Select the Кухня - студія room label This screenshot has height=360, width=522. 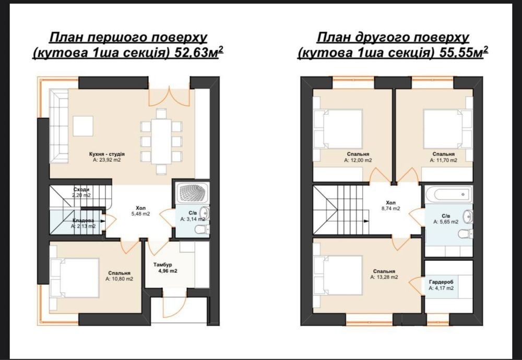click(107, 154)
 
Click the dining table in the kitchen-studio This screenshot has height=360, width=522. click(161, 141)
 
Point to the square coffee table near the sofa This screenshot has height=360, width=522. click(83, 126)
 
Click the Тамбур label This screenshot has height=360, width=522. click(163, 265)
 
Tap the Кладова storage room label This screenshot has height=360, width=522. click(83, 220)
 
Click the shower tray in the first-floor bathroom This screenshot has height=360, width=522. click(193, 193)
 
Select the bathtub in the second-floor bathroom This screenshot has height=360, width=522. click(449, 194)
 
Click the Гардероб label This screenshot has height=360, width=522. click(441, 282)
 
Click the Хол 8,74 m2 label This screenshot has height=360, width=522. click(391, 206)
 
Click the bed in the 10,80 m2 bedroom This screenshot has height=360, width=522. click(75, 278)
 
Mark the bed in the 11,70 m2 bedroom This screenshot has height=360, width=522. click(448, 129)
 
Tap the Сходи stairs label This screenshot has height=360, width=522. click(81, 189)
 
